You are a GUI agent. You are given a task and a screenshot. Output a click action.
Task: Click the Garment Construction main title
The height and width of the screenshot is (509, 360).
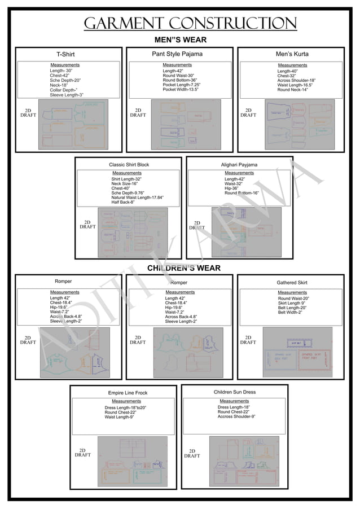point(190,23)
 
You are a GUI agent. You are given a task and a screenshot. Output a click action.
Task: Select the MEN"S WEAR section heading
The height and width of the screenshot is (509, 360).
point(181,40)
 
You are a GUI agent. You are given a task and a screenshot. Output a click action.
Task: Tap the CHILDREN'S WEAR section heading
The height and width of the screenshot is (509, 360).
point(183,268)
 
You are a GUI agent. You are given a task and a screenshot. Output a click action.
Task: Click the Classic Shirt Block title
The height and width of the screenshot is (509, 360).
point(129,165)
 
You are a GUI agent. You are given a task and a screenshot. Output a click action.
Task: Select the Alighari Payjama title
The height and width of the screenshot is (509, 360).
point(239,165)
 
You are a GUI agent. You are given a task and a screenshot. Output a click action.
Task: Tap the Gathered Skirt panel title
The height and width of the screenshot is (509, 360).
point(292,282)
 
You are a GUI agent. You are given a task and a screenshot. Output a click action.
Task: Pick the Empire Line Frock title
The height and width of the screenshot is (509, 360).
point(128,393)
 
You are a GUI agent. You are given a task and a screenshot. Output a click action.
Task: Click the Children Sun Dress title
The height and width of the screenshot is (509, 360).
point(235,392)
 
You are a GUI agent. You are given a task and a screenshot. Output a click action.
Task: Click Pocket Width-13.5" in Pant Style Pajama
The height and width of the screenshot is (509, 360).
point(180,90)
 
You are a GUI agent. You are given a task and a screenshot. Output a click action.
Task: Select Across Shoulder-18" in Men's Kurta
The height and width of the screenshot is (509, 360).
point(296,81)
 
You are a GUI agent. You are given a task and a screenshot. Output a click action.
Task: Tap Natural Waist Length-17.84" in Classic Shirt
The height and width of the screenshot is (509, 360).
point(138,197)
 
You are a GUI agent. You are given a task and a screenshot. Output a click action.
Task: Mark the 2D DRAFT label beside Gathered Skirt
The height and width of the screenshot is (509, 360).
point(248,340)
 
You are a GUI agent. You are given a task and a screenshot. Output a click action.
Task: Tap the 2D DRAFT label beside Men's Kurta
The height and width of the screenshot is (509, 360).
point(248,112)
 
